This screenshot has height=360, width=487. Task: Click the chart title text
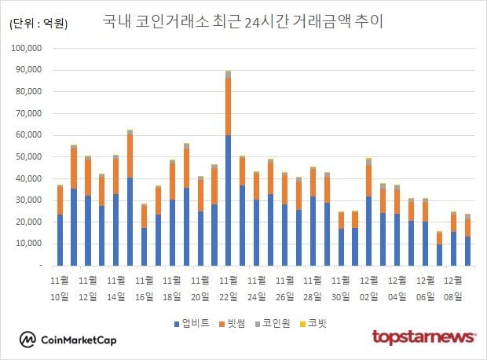(x=243, y=21)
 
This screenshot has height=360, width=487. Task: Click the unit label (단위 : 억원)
(x=38, y=24)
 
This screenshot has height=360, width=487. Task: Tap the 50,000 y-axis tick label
(x=35, y=156)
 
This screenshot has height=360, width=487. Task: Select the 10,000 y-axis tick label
(x=35, y=244)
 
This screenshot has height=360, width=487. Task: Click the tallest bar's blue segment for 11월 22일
(x=228, y=200)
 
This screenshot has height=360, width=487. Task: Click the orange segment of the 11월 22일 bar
(x=228, y=106)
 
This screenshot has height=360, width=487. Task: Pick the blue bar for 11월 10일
(x=60, y=240)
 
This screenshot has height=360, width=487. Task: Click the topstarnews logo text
(x=423, y=337)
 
